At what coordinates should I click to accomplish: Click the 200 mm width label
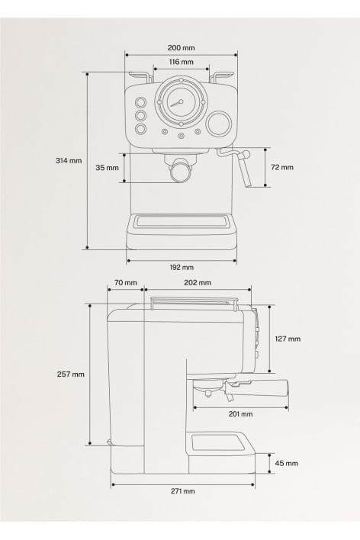181,47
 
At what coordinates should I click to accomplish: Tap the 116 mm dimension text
181,62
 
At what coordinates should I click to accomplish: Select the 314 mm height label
69,160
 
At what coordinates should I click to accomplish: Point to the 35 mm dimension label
107,168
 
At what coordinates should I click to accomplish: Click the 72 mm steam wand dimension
282,167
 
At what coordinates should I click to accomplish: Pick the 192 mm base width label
182,267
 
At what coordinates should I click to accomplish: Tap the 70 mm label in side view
125,283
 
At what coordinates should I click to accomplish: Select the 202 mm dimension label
198,283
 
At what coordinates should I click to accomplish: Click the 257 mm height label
71,374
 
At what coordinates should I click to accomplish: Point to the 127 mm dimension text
288,339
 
